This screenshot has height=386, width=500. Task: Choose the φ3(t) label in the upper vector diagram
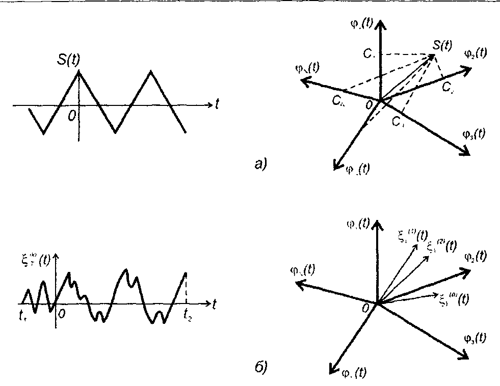tap(474, 134)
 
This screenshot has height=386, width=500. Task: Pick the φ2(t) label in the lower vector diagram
tap(475, 257)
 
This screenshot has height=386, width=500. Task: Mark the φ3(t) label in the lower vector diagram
tap(474, 338)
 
